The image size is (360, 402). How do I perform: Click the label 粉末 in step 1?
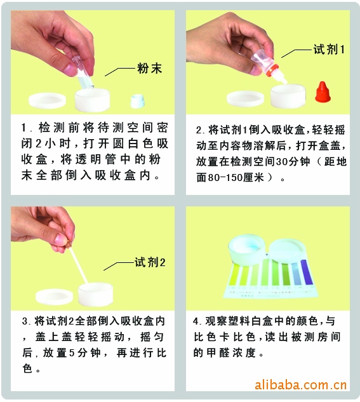tap(150, 68)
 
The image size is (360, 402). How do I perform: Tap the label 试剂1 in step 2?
tap(329, 50)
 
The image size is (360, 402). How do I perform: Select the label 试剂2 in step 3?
tap(150, 262)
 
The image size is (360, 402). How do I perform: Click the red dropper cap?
tap(323, 92)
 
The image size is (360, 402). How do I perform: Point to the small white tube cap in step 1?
tap(138, 101)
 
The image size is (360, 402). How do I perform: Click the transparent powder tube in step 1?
tap(83, 73)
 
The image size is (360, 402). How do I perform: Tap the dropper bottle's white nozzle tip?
tap(284, 81)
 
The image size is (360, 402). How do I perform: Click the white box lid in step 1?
tap(47, 100)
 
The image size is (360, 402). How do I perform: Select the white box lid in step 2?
tap(245, 98)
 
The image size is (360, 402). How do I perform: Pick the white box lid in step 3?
tap(54, 297)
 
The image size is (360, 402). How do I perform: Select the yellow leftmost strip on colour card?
tap(234, 276)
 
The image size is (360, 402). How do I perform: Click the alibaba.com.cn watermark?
tap(300, 385)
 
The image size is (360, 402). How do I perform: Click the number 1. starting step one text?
tap(25, 128)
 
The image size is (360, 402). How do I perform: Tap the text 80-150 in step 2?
tap(225, 177)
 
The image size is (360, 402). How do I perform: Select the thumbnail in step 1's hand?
tap(69, 69)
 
